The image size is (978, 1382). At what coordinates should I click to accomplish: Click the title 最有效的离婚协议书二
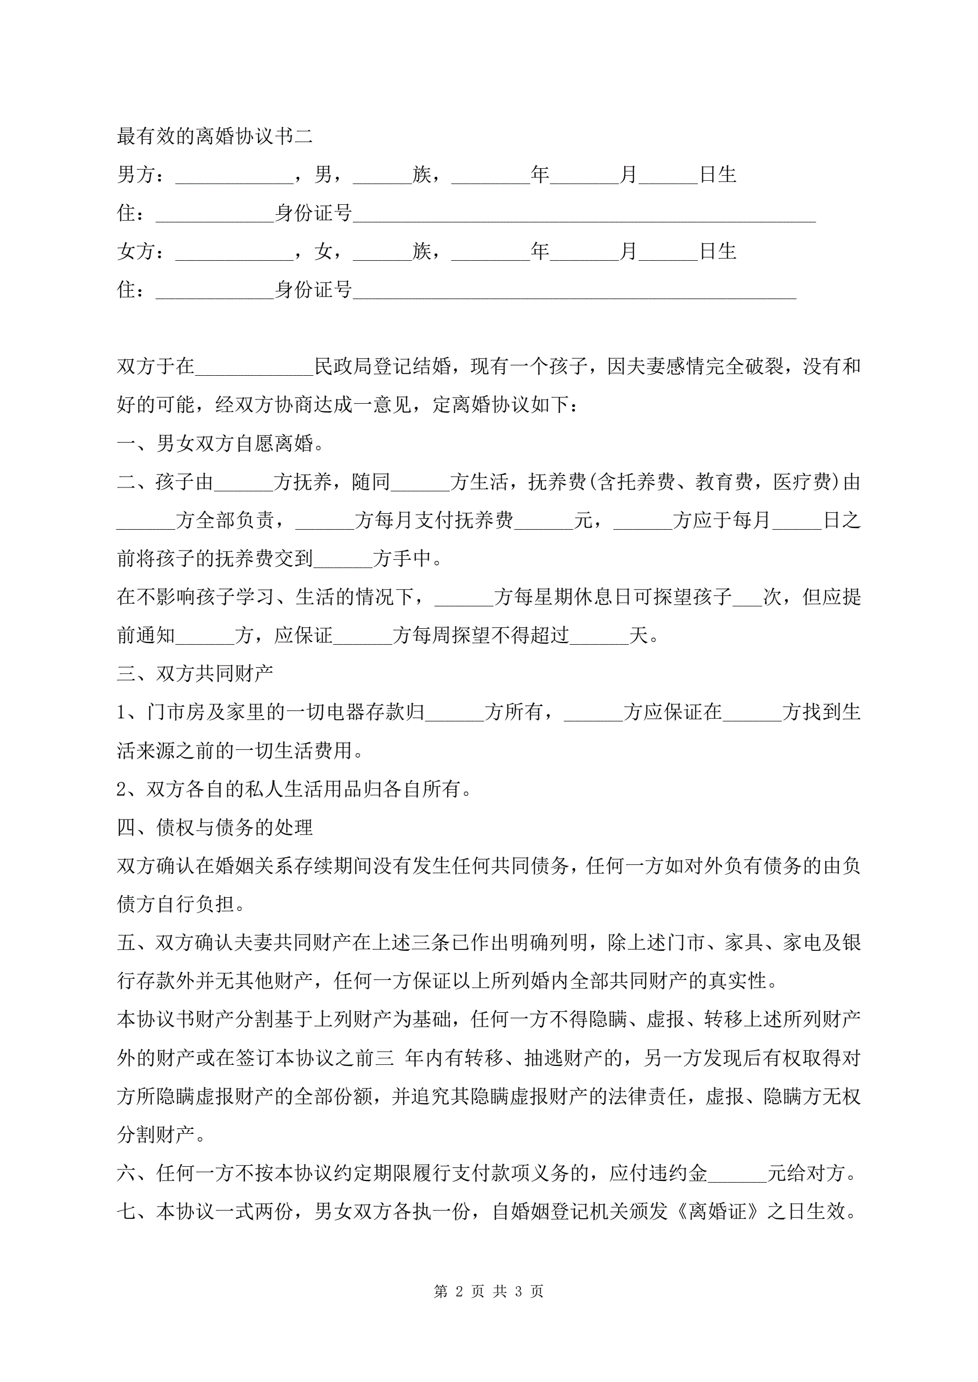[214, 136]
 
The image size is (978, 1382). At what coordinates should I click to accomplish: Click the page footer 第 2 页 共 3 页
[488, 1291]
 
